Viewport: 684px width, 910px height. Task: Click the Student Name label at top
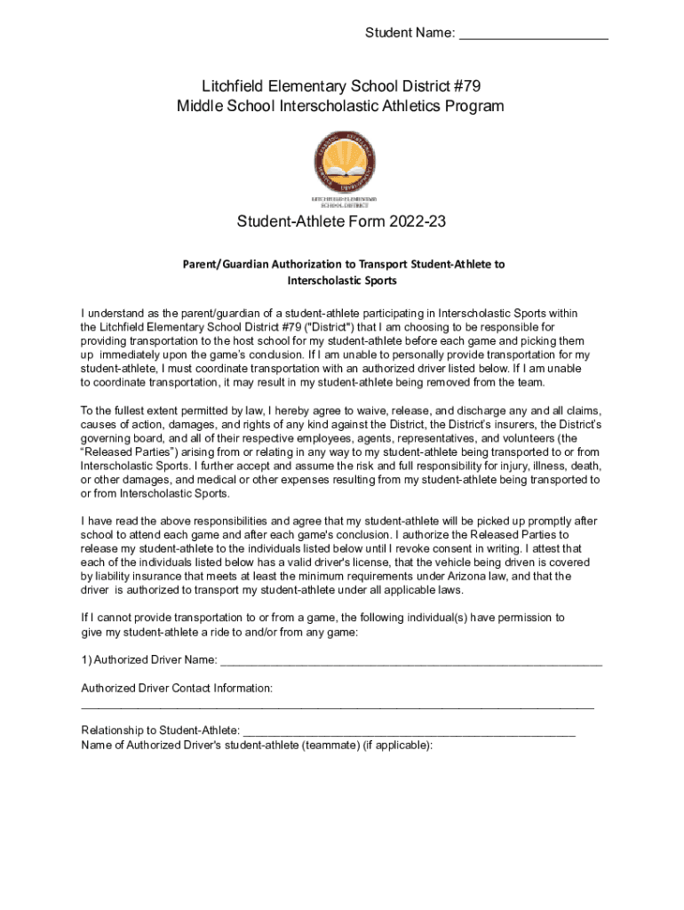(x=410, y=34)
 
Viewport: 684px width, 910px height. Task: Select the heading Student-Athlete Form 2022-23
(x=341, y=221)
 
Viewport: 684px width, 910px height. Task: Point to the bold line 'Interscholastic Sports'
(x=342, y=281)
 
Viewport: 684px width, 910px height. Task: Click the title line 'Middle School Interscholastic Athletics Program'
(x=341, y=107)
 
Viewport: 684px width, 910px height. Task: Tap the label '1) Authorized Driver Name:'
(x=149, y=659)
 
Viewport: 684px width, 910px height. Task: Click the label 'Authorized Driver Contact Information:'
(x=177, y=688)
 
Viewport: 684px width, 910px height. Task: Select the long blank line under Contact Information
(x=338, y=707)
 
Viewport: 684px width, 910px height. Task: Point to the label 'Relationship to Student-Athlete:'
(x=160, y=730)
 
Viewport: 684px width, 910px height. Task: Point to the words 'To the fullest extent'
(x=135, y=411)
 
